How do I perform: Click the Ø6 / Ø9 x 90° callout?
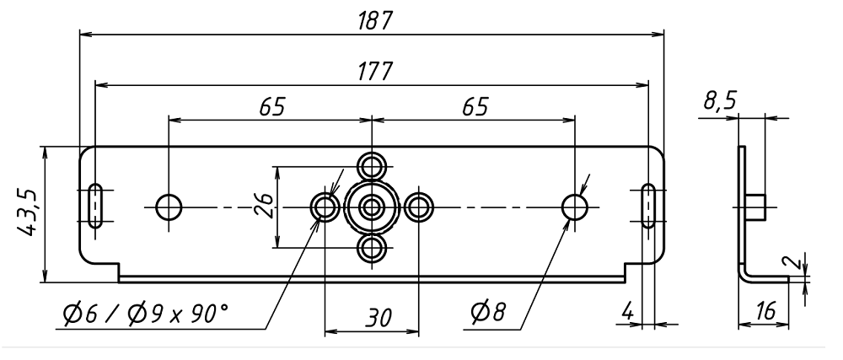click(144, 315)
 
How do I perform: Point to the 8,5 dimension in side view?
click(718, 101)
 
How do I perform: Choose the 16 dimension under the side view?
click(763, 314)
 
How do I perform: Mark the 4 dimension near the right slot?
click(627, 313)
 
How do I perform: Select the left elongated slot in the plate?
click(97, 205)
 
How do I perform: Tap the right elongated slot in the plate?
click(648, 205)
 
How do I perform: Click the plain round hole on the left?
click(169, 206)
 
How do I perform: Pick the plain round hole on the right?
click(575, 206)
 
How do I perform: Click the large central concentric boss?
click(372, 207)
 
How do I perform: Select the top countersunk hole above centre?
click(372, 164)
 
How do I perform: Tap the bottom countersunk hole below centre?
click(372, 248)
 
